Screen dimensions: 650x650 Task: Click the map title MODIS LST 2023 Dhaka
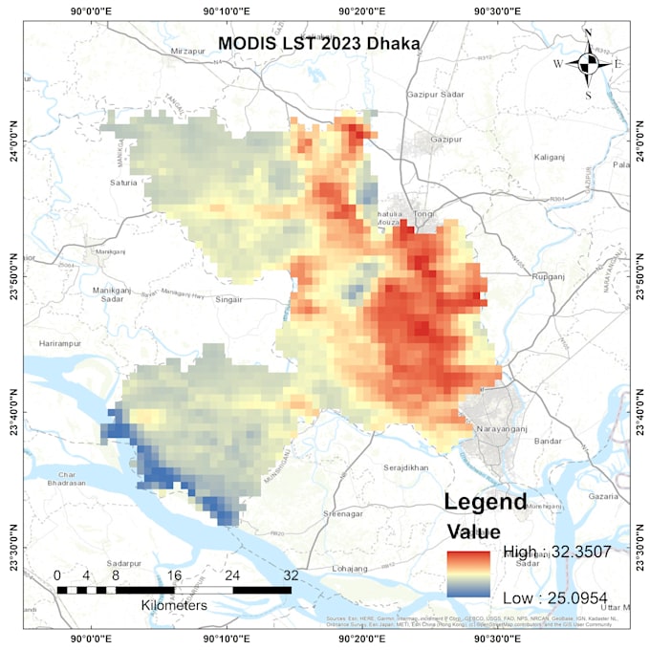(318, 44)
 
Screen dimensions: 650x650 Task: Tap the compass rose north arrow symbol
(588, 64)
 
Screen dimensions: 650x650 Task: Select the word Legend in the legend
(485, 502)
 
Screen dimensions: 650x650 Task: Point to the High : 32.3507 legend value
(557, 552)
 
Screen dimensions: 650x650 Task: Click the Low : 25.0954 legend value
(554, 597)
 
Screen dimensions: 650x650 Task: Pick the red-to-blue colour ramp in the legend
(468, 574)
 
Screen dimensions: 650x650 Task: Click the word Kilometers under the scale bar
(174, 606)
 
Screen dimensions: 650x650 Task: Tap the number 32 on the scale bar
(291, 576)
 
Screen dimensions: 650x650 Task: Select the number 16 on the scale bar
(174, 576)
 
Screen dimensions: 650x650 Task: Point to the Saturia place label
(123, 183)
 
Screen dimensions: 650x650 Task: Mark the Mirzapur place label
(188, 50)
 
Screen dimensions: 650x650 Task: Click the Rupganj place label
(549, 276)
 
